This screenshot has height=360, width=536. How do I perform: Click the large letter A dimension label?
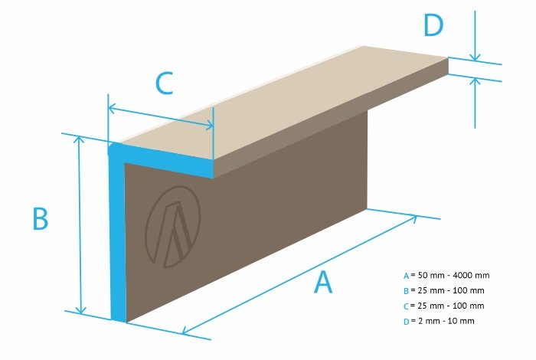coord(323,282)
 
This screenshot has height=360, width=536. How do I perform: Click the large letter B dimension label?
coord(41,219)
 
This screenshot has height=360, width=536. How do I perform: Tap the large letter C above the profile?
coord(164,83)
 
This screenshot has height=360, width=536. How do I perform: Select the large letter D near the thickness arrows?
coord(433,25)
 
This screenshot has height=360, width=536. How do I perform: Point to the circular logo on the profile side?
coord(173,227)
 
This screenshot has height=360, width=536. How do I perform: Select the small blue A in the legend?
coord(406,276)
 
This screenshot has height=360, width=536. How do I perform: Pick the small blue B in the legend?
coord(406,291)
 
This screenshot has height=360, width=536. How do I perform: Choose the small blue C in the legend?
coord(406,306)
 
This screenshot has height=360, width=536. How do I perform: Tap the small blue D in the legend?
coord(406,322)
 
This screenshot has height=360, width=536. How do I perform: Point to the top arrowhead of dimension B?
coord(80,139)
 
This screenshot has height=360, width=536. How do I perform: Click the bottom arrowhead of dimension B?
coord(80,310)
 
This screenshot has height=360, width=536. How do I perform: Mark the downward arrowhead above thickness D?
coord(475,57)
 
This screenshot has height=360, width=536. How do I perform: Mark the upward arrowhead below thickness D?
coord(475,81)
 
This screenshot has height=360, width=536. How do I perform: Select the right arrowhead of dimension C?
coord(209,126)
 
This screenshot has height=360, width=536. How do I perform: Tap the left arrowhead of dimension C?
coord(112,108)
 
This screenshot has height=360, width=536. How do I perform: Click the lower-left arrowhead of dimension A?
coord(186,330)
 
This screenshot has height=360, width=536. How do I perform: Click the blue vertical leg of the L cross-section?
coord(118,236)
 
